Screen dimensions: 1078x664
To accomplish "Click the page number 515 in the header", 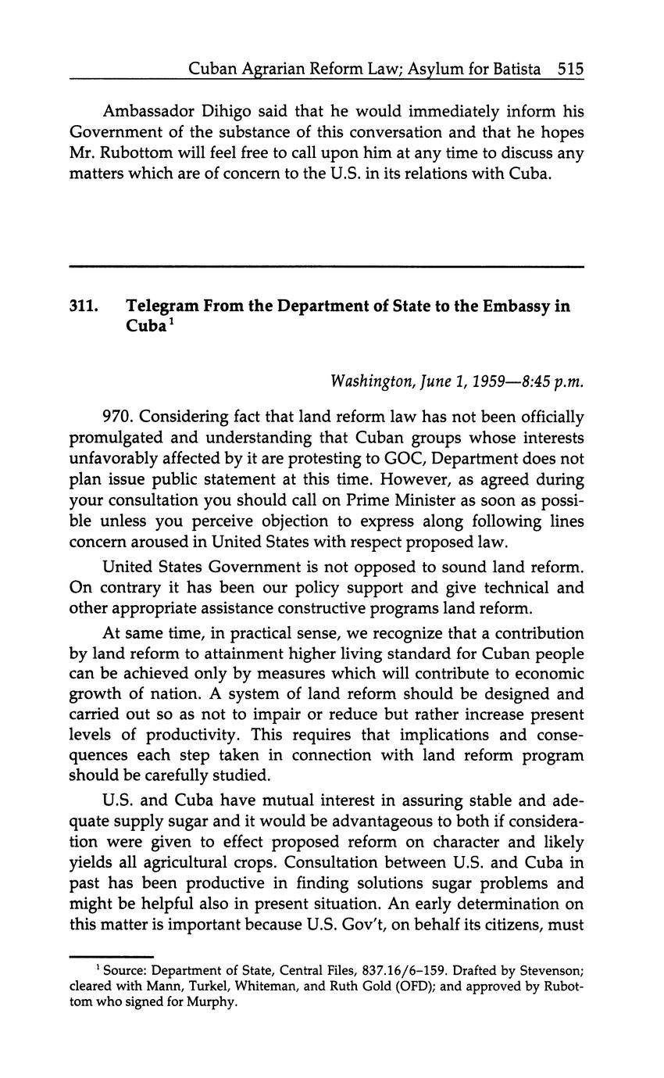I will click(x=571, y=69).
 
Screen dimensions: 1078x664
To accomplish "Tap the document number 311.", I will click(x=84, y=306).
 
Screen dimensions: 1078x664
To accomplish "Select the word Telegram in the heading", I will click(x=162, y=306).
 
